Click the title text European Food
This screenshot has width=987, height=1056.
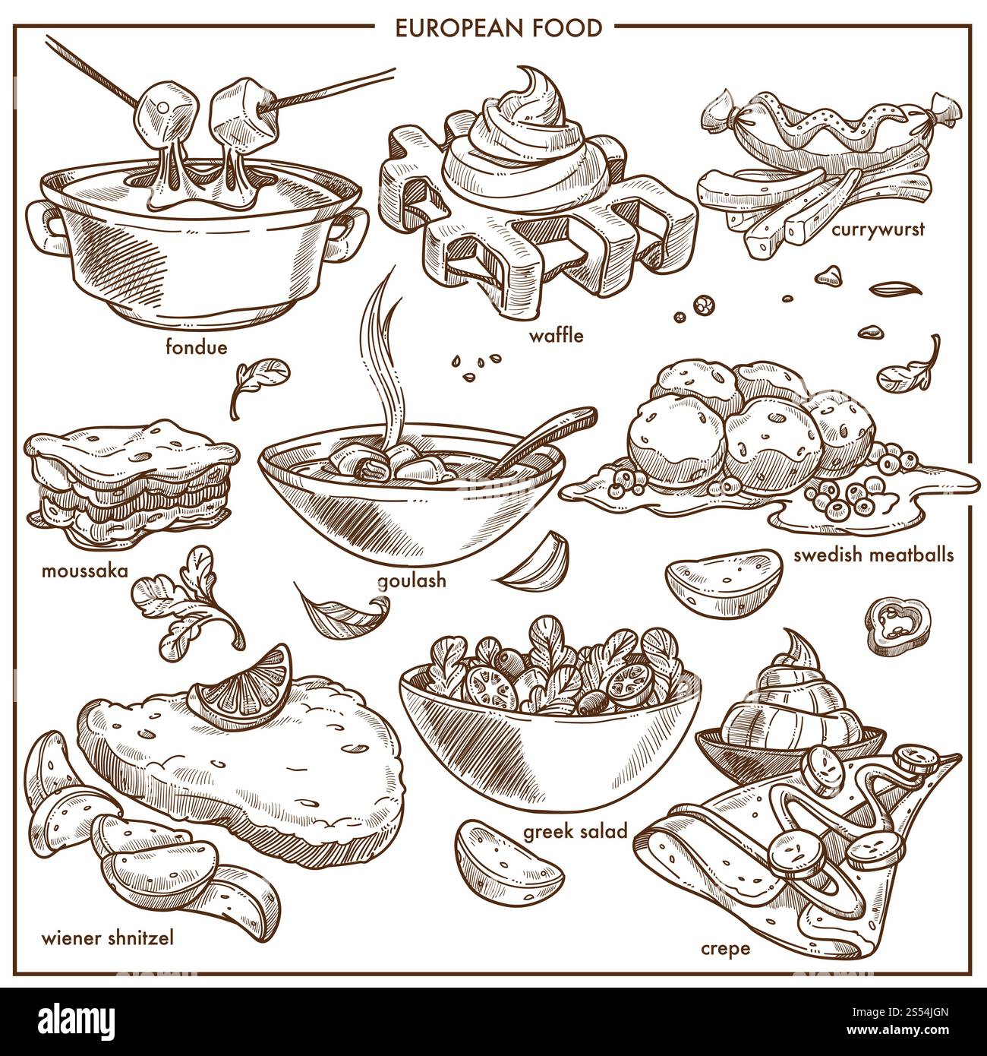pos(493,27)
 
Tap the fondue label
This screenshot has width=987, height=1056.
pos(196,347)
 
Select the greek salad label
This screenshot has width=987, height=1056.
pos(575,832)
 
